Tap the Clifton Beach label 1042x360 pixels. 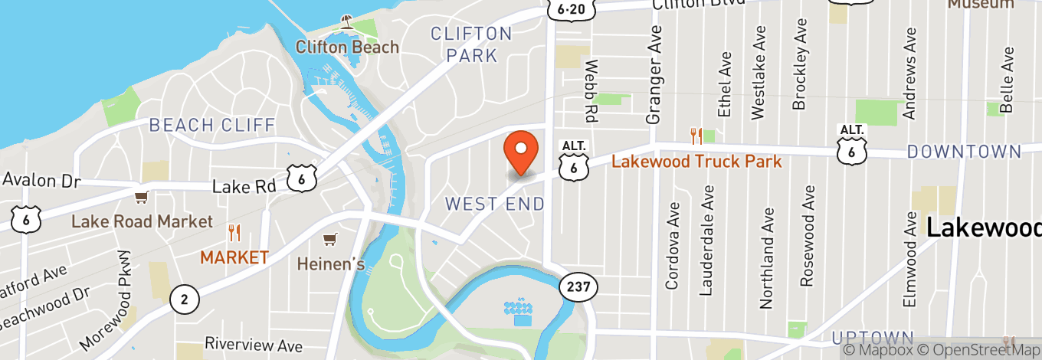[x=348, y=47]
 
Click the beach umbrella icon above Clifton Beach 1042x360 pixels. [x=348, y=22]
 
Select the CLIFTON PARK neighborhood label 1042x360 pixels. [x=471, y=44]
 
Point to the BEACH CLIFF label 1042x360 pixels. [x=212, y=125]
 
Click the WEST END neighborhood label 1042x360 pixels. [x=495, y=204]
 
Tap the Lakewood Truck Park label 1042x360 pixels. [x=696, y=161]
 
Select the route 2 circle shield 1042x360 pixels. [x=184, y=298]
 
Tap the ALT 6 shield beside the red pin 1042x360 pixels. [x=574, y=160]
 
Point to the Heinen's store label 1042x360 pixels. [x=330, y=263]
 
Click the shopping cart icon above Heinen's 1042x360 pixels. [x=329, y=240]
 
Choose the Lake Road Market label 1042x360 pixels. [x=142, y=221]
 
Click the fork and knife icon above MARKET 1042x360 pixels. [x=234, y=233]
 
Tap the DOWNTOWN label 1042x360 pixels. [x=964, y=151]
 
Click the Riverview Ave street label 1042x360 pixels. [x=254, y=345]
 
